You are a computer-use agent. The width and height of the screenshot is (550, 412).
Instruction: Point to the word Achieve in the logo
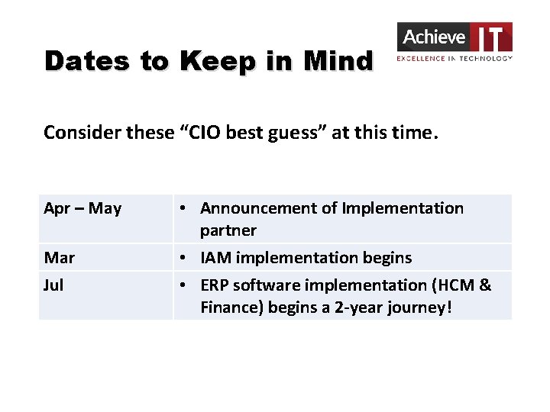(x=433, y=37)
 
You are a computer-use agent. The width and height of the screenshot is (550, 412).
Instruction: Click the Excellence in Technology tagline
(x=454, y=58)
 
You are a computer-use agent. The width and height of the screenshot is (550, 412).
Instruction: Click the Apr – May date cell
(x=82, y=208)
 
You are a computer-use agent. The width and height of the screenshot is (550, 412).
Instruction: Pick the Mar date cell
(x=60, y=258)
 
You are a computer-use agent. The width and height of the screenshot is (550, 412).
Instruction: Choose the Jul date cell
(x=53, y=285)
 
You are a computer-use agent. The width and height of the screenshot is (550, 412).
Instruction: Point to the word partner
(x=228, y=230)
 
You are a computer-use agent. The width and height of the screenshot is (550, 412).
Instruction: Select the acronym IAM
(x=215, y=258)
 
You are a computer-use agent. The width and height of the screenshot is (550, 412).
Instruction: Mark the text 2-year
(x=368, y=307)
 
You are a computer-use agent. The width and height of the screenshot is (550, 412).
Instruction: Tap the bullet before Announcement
(x=184, y=208)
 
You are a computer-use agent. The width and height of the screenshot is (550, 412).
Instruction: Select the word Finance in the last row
(x=230, y=307)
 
